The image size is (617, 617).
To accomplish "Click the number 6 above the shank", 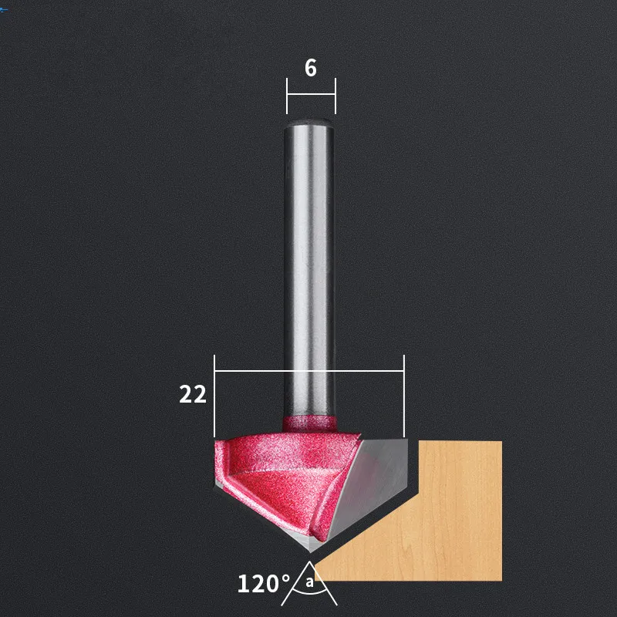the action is point(311,68).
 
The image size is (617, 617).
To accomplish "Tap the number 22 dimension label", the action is point(193,394).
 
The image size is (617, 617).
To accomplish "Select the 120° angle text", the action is point(264,584).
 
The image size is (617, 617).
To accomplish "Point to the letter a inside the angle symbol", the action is point(310,582).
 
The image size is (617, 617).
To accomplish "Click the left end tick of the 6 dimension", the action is point(287,96).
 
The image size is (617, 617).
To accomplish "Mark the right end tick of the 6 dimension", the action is point(335,96).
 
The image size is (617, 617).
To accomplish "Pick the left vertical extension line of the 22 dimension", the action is point(214,396).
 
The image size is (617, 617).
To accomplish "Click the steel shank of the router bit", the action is point(309,268).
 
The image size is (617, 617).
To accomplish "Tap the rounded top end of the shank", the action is point(309,123).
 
